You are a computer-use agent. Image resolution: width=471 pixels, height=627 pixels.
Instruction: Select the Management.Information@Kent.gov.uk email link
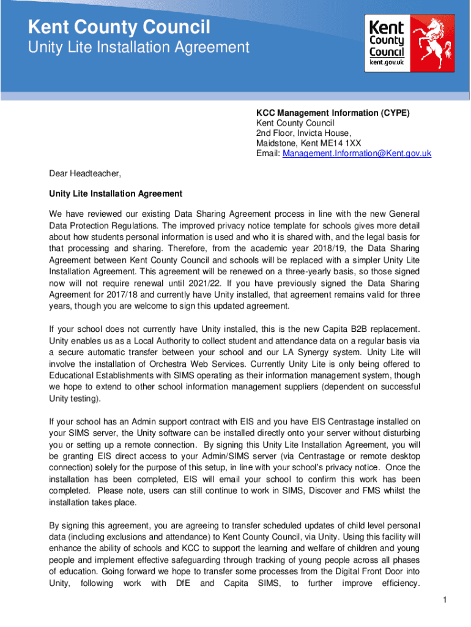click(x=357, y=154)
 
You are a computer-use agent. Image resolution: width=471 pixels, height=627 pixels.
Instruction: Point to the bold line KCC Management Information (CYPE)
click(x=333, y=113)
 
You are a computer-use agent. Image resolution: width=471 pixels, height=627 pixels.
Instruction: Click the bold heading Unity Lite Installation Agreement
click(x=116, y=193)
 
